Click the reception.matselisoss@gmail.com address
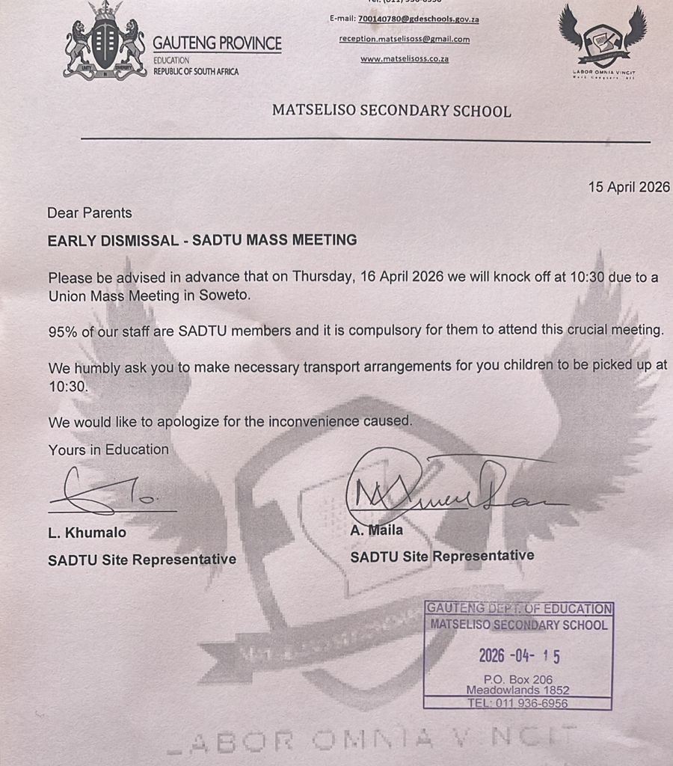404,39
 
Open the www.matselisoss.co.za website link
404,58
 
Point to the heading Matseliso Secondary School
391,111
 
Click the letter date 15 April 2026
629,187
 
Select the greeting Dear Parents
89,213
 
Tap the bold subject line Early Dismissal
202,240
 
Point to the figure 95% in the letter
63,331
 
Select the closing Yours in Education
108,450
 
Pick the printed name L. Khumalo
87,533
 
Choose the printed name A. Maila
377,530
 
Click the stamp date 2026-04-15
519,656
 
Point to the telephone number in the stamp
517,703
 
